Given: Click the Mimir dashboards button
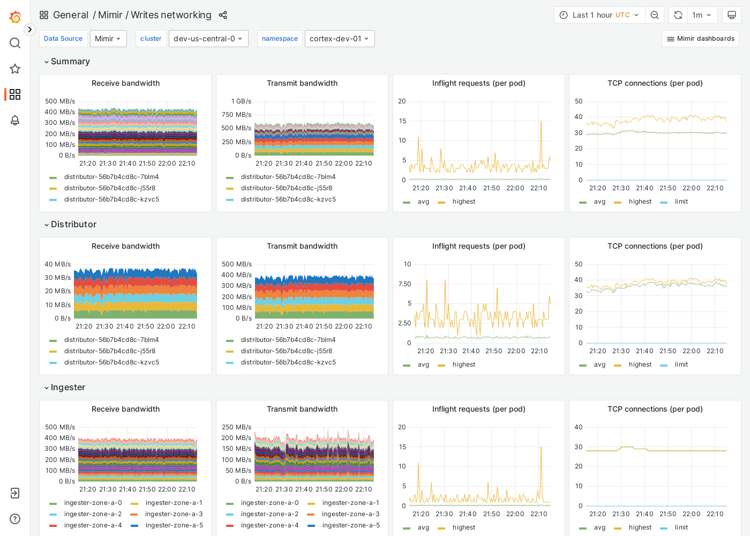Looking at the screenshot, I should pos(700,39).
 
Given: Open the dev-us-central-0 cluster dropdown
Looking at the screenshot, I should pos(208,39).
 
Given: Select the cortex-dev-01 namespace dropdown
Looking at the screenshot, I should pos(339,39).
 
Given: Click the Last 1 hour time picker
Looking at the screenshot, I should pos(599,15).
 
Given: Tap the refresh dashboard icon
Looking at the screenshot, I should pos(678,15).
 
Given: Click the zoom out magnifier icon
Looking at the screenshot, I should pos(655,15).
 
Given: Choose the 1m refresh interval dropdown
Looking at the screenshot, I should pos(701,15).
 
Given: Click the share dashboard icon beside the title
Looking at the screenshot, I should pos(223,15).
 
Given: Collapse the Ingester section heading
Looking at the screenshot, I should pos(67,388).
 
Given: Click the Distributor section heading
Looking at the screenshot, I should pos(73,225).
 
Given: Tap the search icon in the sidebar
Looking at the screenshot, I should pos(15,43).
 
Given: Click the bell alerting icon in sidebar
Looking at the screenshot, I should pos(15,120).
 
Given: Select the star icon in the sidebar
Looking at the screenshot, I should pos(15,69).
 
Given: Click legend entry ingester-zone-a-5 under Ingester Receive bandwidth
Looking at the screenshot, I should pos(174,525).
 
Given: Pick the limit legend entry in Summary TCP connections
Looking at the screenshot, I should pos(681,202).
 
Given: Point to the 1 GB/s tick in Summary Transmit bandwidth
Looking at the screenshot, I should pos(241,101).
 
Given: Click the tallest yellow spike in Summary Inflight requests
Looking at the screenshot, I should pos(541,122).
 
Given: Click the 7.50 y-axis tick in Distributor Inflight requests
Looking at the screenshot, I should pos(404,284).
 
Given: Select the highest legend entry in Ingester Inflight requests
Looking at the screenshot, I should pos(463,527).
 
